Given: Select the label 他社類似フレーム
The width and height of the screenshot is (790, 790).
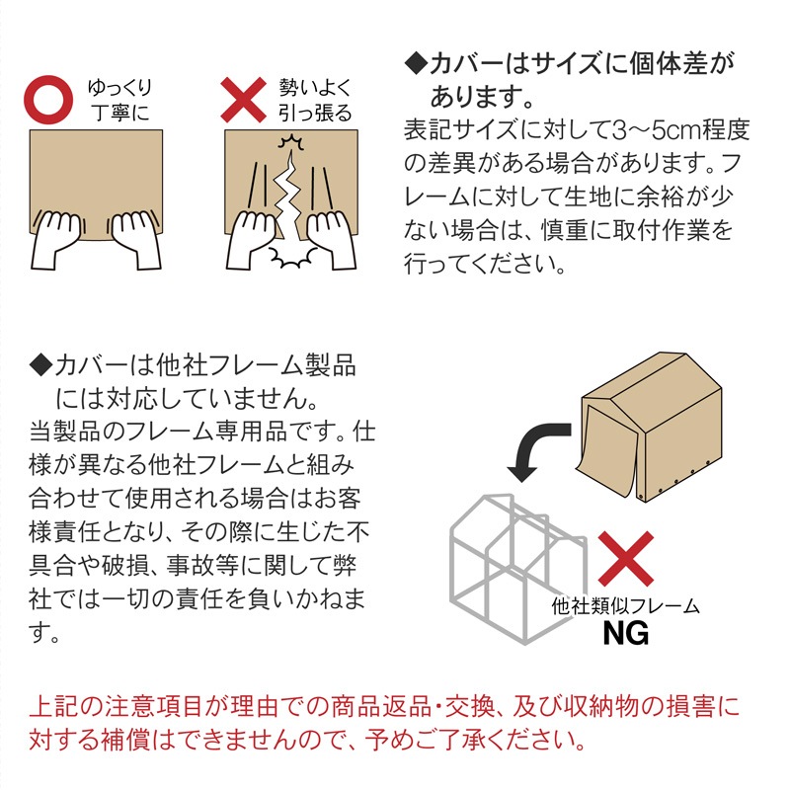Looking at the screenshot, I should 625,606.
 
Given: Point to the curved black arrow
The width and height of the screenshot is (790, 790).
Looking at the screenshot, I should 529,445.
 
